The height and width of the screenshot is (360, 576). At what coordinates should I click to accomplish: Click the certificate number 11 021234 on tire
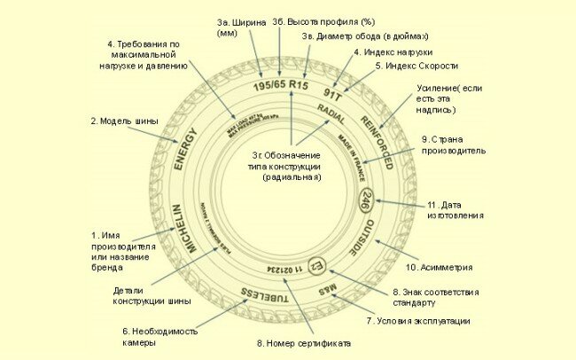click(285, 269)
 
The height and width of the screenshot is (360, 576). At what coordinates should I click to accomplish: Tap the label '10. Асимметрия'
click(439, 267)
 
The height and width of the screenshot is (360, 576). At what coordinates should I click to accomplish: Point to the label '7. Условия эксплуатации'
click(417, 320)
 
